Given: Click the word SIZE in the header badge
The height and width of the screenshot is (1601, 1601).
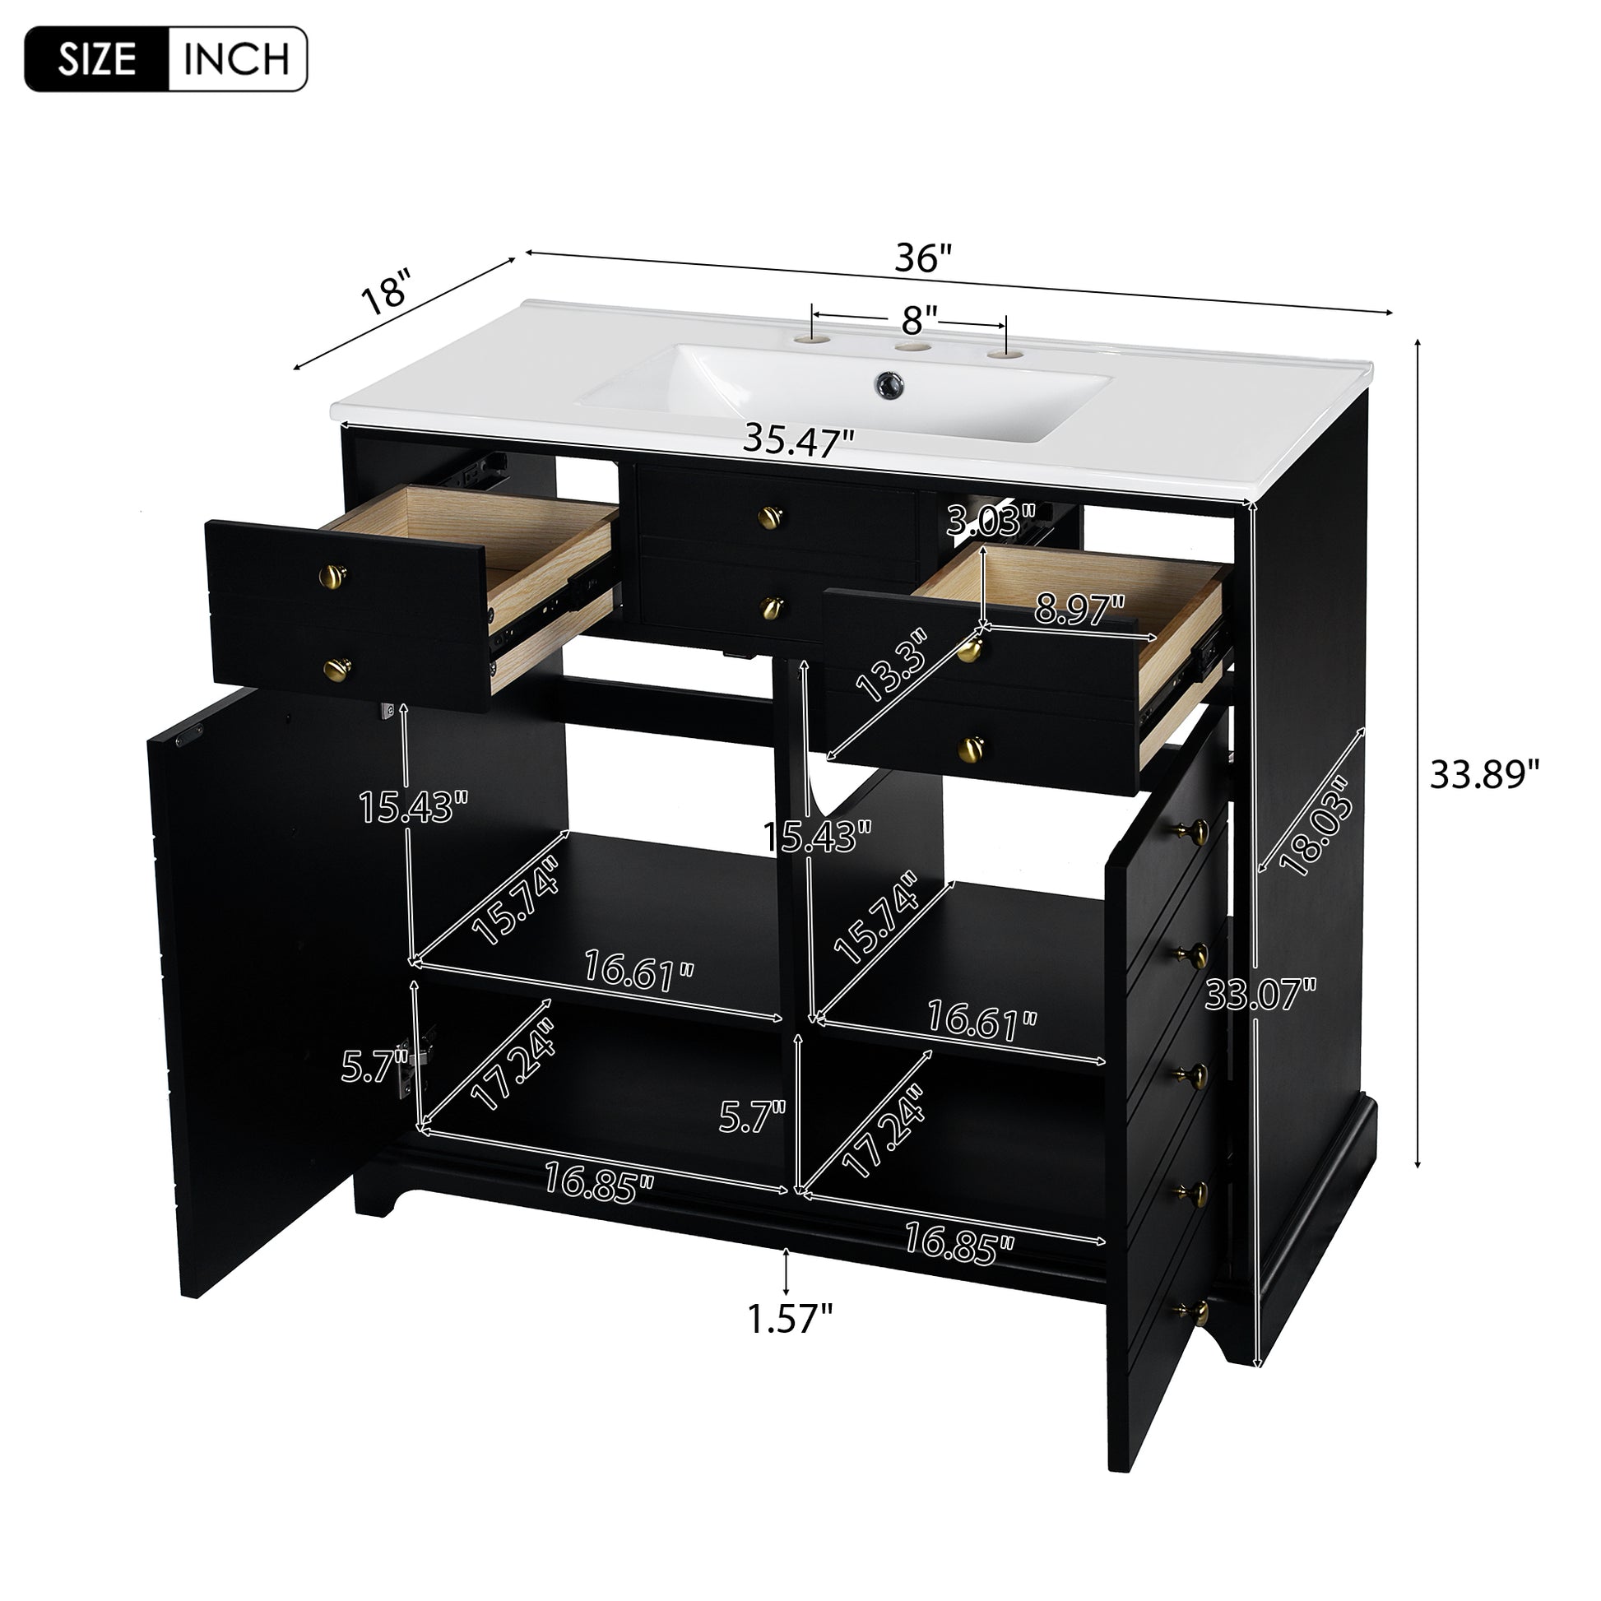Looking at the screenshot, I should click(97, 59).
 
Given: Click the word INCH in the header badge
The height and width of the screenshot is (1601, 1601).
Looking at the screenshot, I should click(236, 59).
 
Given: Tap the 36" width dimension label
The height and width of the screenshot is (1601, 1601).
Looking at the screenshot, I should click(923, 258).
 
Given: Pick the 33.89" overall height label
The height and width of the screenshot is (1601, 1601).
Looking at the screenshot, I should click(1484, 775).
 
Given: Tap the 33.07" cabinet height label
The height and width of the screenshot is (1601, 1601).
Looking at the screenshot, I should click(1260, 995).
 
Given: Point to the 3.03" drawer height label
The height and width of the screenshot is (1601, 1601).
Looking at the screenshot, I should click(991, 522).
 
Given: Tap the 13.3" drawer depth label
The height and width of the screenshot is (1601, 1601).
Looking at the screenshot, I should click(891, 666).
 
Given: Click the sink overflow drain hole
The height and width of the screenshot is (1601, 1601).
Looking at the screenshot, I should click(889, 383).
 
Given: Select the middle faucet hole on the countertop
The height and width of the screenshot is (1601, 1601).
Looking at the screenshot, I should click(913, 349).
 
